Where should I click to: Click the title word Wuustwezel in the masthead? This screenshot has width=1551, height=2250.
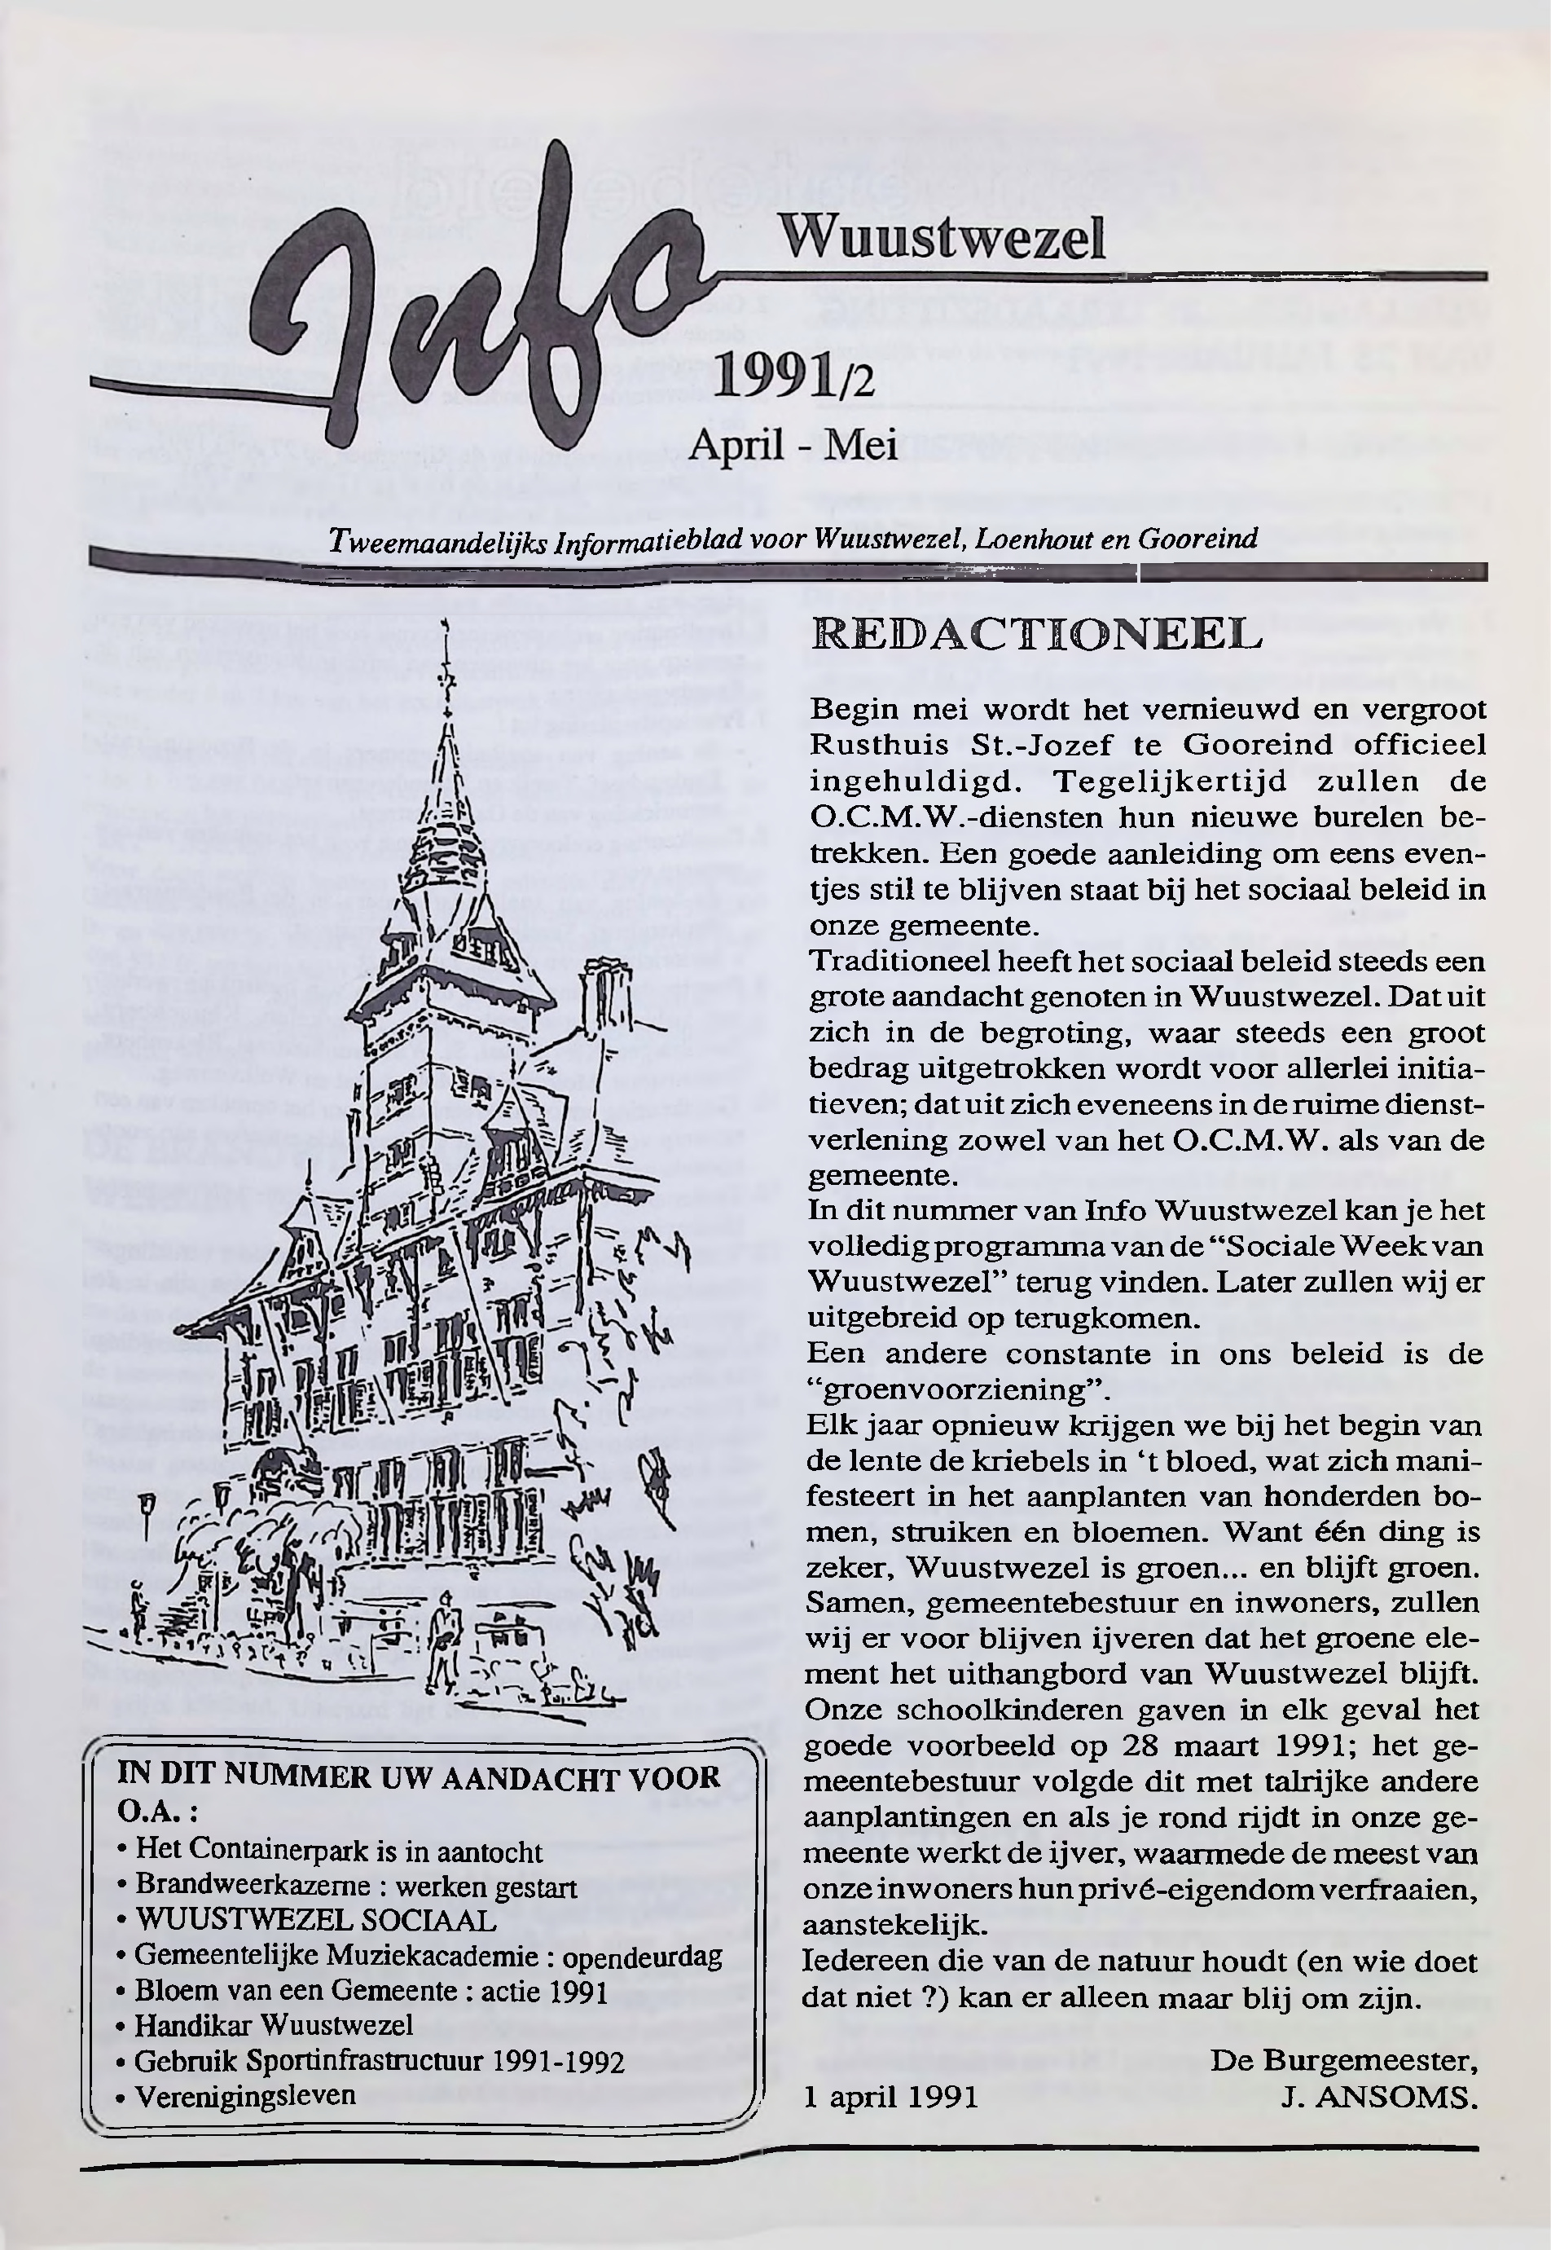point(942,236)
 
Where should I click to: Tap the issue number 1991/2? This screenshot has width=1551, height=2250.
point(794,379)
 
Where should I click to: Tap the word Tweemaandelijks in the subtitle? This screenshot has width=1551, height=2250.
point(435,539)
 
